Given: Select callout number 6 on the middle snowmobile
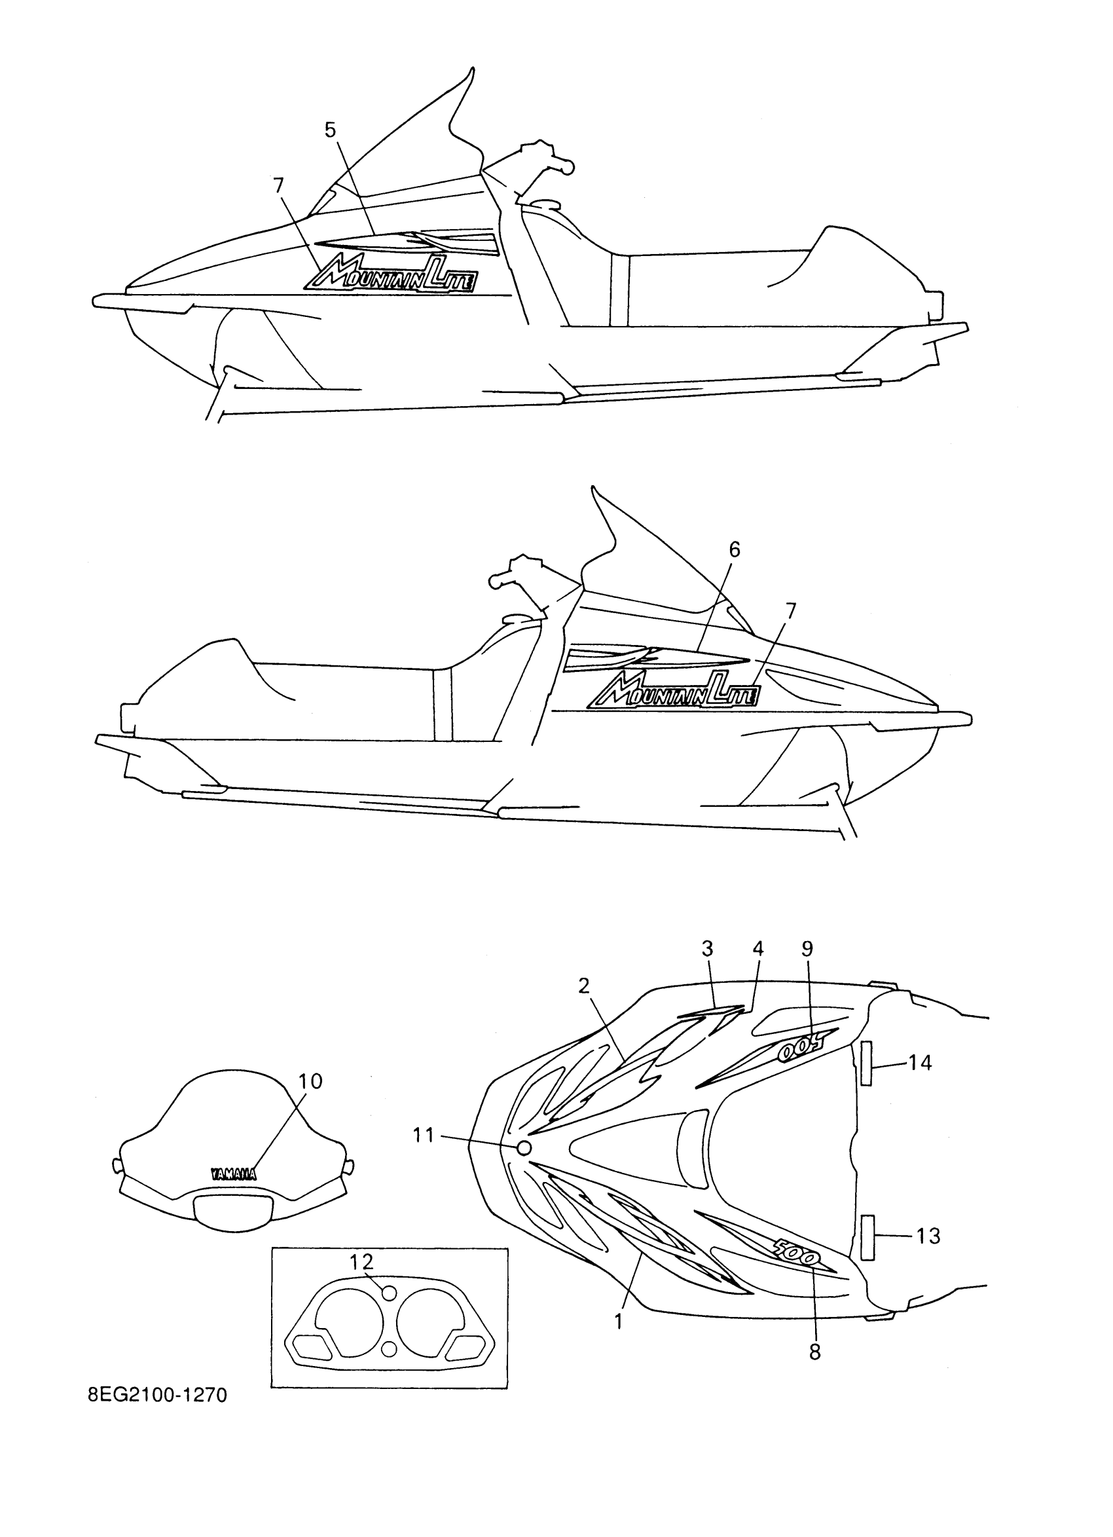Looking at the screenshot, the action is [735, 549].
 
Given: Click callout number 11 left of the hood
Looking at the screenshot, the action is [424, 1134].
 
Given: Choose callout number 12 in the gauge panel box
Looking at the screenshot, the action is [362, 1261].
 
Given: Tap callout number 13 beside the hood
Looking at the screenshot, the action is [928, 1236].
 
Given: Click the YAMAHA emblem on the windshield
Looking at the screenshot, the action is [233, 1174].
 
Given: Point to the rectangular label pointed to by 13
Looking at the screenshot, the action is [867, 1238].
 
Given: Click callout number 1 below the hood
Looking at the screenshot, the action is [618, 1321].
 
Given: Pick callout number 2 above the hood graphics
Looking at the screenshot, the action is [584, 986].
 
